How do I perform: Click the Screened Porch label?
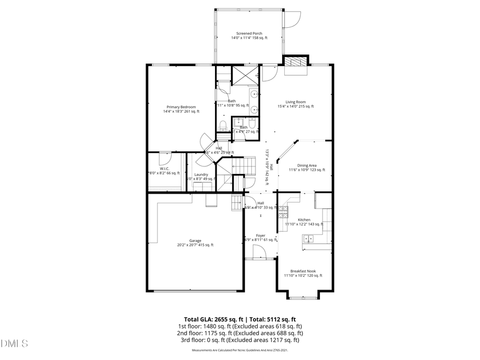(x=250, y=36)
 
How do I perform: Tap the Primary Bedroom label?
(x=181, y=109)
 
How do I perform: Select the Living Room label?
(x=295, y=104)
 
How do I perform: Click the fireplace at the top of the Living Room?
(x=295, y=65)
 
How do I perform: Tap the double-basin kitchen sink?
(x=308, y=239)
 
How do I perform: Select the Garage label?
(x=195, y=243)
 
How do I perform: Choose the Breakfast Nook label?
(x=302, y=274)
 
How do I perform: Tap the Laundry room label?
(x=201, y=177)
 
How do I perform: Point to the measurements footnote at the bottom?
(x=240, y=350)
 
